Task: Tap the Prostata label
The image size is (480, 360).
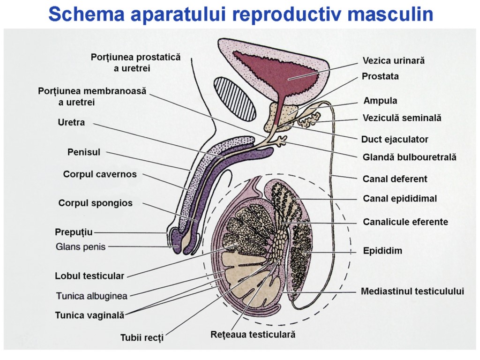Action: [380, 76]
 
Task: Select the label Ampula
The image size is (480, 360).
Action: [380, 101]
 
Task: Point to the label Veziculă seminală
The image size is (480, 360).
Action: [402, 118]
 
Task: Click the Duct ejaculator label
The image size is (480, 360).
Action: [395, 139]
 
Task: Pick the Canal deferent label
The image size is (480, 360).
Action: [395, 179]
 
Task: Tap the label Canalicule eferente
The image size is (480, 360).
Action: [405, 222]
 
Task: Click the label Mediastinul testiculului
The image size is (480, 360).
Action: [412, 292]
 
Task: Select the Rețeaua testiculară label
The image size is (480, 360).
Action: [253, 335]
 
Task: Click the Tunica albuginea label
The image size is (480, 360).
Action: [91, 296]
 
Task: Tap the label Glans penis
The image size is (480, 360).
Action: [81, 247]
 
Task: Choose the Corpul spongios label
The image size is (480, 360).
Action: [95, 203]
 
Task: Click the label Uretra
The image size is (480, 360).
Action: [71, 123]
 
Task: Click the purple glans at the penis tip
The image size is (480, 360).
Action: [174, 240]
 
